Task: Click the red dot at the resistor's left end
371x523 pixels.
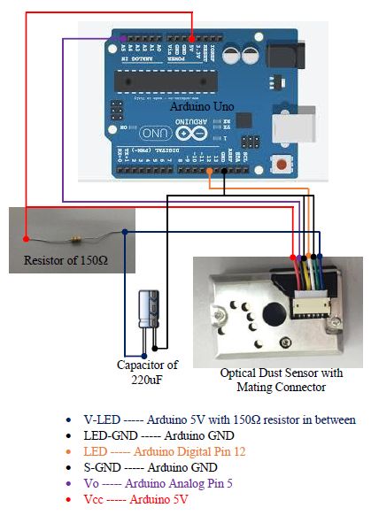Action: [27, 239]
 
